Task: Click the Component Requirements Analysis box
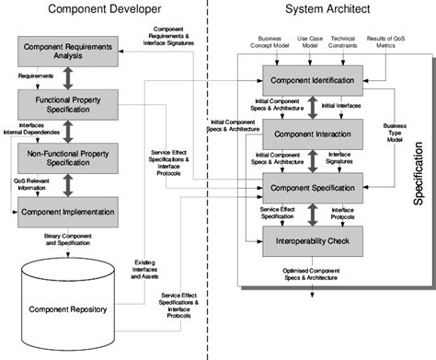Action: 70,52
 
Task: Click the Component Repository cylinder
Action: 69,304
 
